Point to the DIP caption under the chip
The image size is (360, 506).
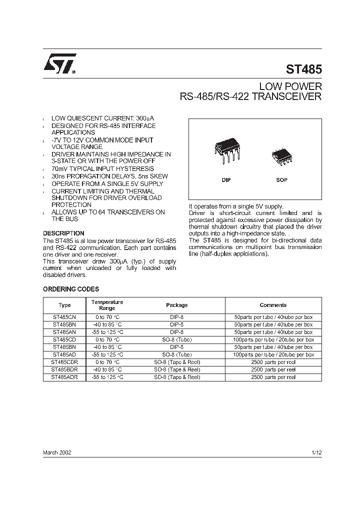pos(226,180)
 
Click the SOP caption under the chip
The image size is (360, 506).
pos(282,180)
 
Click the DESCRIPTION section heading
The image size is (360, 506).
pos(63,233)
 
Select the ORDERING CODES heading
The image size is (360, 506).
pos(71,289)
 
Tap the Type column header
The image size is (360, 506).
pos(64,305)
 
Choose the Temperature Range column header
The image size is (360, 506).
pos(107,305)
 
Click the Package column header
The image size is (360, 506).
pos(176,305)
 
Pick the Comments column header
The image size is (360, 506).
pos(273,305)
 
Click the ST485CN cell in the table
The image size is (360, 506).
pos(64,317)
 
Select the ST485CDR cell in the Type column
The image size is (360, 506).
pos(64,362)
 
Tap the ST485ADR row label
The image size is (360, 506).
pos(64,377)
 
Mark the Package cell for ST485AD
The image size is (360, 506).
pos(176,354)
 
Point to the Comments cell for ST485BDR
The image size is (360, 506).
pos(273,369)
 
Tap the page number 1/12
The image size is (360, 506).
pos(316,451)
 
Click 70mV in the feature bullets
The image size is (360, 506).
pos(60,169)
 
